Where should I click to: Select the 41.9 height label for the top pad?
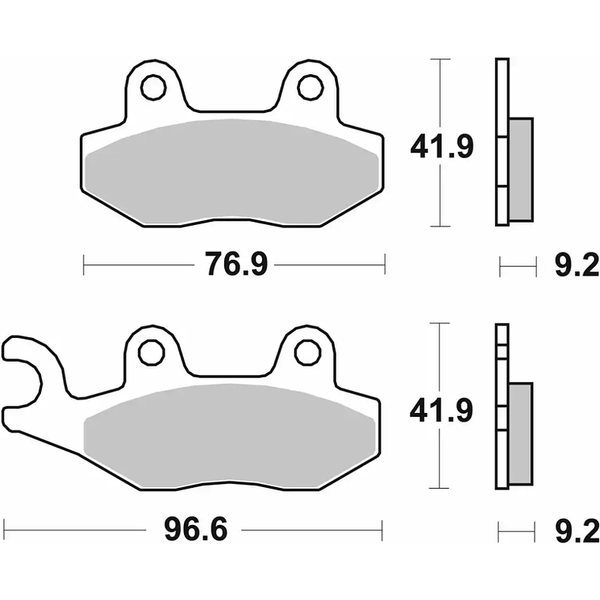[x=441, y=146]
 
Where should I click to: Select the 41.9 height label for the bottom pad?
[x=441, y=411]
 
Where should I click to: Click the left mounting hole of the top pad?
[x=154, y=88]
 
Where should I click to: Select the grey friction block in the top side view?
[x=520, y=169]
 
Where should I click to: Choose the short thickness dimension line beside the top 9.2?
[x=518, y=267]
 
